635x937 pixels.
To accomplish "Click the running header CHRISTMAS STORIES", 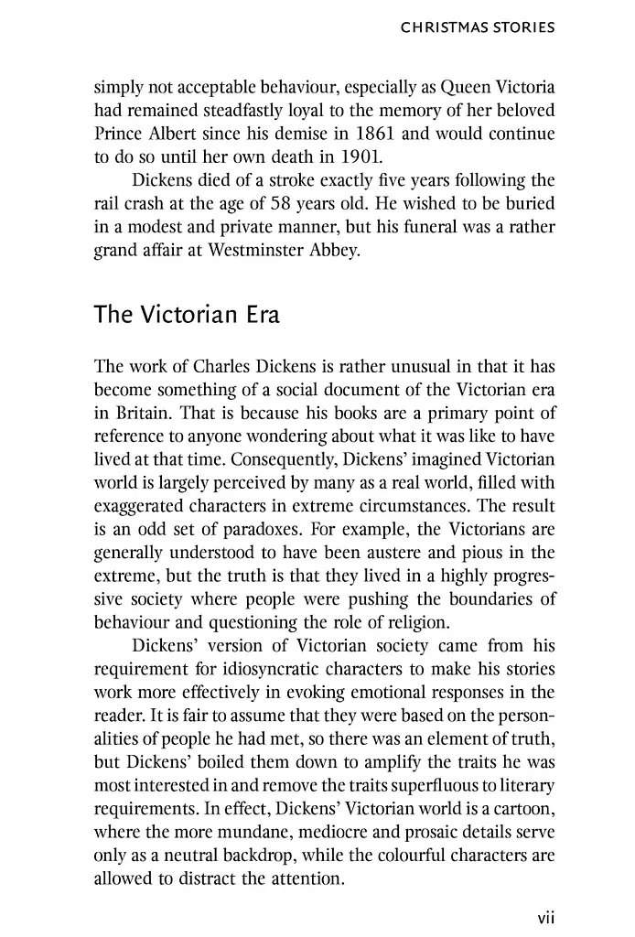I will [478, 28].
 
